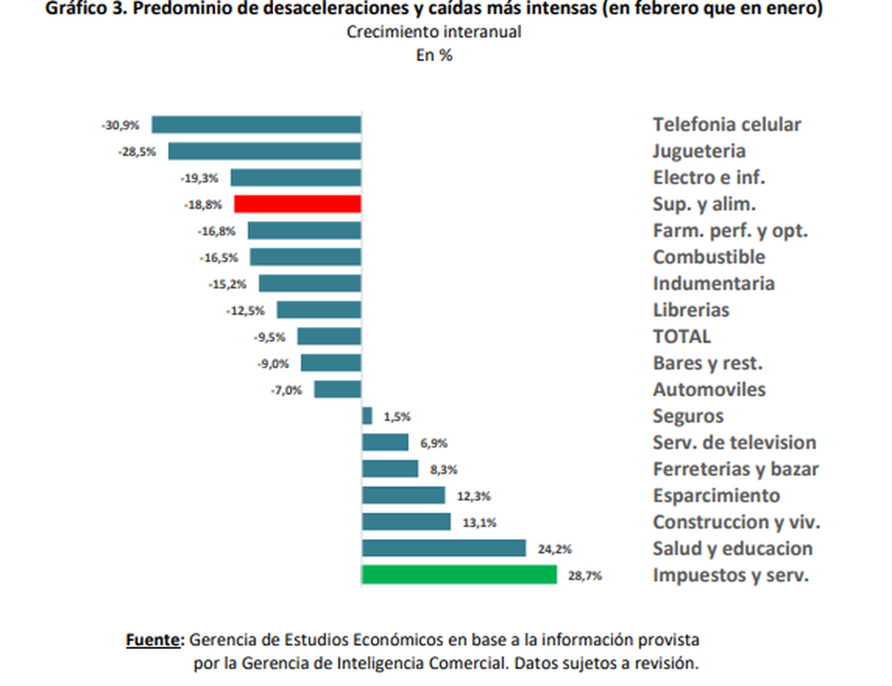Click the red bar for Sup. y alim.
(297, 204)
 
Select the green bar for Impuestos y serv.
(459, 575)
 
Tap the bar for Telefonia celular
(256, 125)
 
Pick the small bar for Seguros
(367, 416)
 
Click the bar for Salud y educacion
(444, 549)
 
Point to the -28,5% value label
(137, 152)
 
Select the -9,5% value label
(269, 337)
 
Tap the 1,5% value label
(397, 417)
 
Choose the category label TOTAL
(682, 337)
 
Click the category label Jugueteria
(699, 152)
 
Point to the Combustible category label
(708, 257)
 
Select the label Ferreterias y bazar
(736, 469)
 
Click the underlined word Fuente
(155, 640)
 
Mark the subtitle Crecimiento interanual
(434, 33)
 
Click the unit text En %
(434, 55)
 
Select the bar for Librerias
(319, 310)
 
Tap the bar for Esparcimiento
(404, 496)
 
